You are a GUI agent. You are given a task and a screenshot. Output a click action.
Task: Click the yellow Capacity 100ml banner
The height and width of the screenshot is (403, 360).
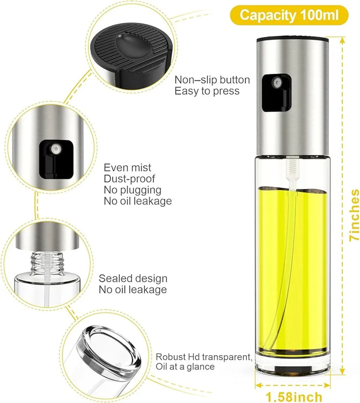289,15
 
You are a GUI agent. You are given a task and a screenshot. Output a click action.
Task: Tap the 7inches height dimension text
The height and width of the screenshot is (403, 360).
354,215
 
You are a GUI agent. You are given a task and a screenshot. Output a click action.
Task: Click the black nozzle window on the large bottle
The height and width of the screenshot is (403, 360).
276,91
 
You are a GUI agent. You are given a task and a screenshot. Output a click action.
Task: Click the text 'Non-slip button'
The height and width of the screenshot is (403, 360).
212,80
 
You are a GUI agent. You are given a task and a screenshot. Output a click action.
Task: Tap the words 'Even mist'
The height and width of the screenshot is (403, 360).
128,168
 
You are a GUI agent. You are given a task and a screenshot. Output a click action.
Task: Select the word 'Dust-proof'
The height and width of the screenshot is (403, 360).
130,179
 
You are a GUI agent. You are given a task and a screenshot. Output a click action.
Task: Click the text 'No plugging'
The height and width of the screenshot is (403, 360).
133,190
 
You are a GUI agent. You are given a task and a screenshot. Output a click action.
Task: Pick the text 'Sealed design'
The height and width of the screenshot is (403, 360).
133,279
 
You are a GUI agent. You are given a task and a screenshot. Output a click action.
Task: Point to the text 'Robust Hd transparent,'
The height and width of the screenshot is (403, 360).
204,357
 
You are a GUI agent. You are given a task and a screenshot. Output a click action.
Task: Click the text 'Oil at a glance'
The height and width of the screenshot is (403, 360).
185,367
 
